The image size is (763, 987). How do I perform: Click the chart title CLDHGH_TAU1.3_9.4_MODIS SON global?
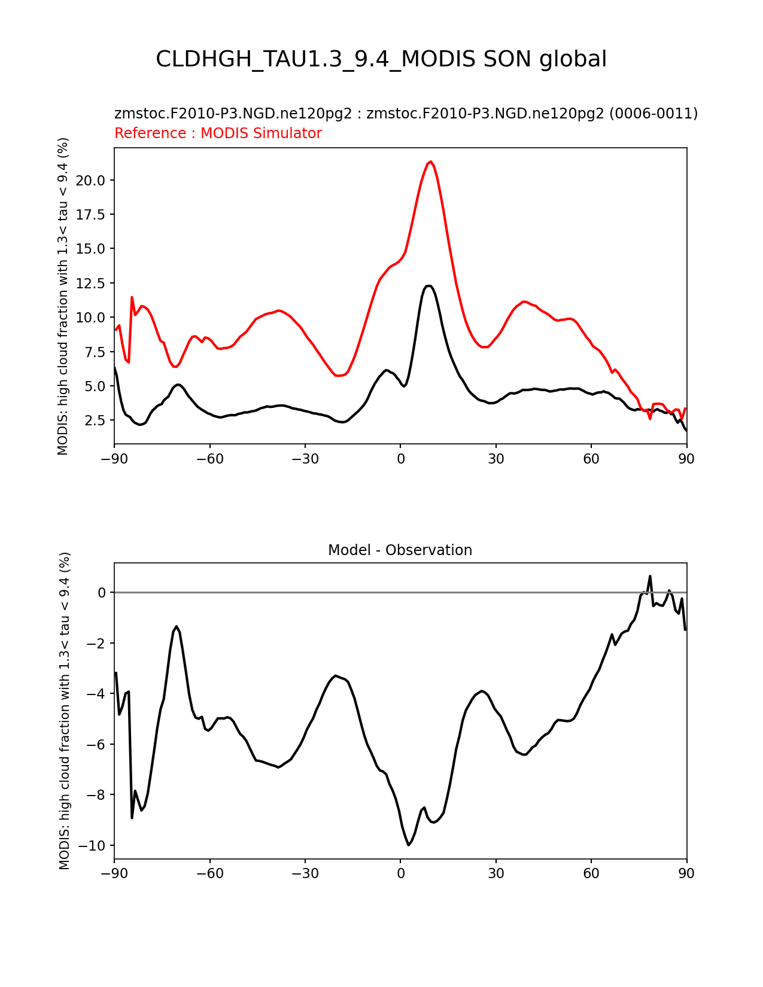coord(381,59)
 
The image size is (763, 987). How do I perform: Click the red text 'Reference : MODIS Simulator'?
coord(218,133)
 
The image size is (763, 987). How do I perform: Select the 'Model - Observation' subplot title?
coord(400,550)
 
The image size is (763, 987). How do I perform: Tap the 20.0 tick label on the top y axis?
coord(90,181)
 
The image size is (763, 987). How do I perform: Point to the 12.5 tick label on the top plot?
coord(90,284)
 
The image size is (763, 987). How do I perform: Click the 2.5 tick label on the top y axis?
coord(95,421)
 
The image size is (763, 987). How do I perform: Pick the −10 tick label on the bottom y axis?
coord(92,846)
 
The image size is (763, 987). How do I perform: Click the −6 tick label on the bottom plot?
coord(96,745)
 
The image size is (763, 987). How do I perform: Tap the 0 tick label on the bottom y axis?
coord(101,593)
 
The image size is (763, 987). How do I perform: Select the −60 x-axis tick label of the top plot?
coord(210,459)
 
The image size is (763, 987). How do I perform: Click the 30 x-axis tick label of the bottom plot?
coord(496,873)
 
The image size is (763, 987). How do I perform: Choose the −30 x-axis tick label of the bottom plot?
coord(305,873)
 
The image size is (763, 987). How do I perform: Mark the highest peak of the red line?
coord(430,162)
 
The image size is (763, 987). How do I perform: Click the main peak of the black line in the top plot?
coord(428,286)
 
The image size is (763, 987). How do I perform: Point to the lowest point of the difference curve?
coord(409,845)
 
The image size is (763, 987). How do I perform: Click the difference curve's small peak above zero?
coord(650,577)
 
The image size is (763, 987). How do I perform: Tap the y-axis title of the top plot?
coord(63,296)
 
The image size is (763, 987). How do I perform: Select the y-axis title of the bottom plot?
coord(65,711)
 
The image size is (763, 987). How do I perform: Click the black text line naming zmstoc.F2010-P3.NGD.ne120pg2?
coord(406,113)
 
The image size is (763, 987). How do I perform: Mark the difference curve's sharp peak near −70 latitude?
coord(177,626)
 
